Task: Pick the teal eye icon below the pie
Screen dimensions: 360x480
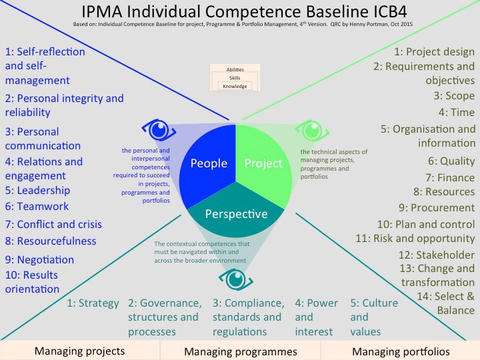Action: point(237,279)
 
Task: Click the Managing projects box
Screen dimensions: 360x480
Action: point(79,351)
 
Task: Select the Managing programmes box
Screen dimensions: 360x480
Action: point(240,351)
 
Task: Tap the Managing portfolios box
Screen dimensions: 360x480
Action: point(401,351)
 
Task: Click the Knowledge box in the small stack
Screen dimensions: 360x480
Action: point(235,86)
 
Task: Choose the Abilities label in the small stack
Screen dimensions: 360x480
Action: point(235,70)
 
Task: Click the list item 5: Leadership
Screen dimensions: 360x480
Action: point(37,190)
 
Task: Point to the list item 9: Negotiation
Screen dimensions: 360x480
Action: point(39,259)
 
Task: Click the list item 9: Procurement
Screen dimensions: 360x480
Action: point(437,207)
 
